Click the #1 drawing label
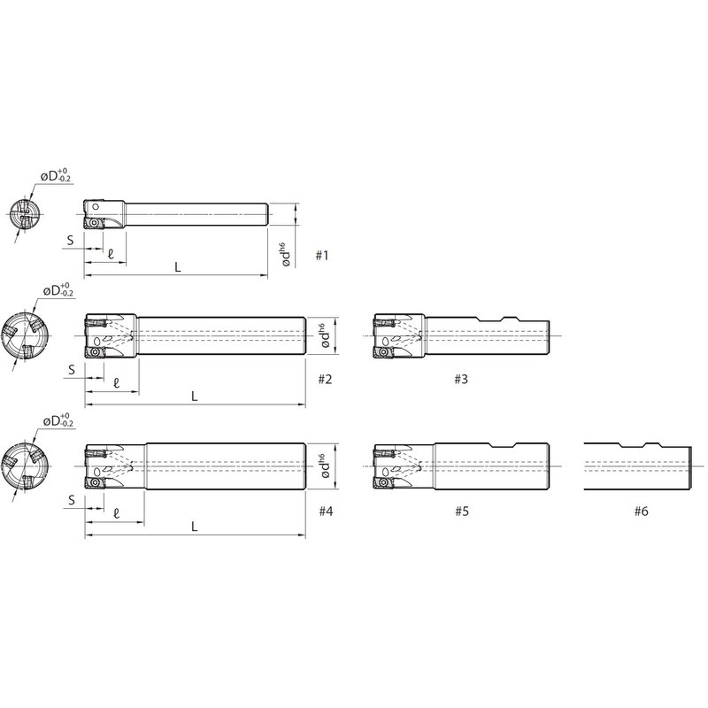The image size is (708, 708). [x=321, y=256]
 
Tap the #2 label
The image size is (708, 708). [x=325, y=380]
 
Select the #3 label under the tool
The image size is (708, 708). [x=461, y=380]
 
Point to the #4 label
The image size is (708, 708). [x=326, y=512]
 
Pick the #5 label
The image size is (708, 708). [x=462, y=512]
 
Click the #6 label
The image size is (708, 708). [x=641, y=512]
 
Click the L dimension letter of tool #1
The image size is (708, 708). [x=178, y=267]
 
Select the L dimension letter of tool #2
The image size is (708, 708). [x=194, y=396]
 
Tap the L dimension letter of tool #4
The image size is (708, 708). [x=194, y=527]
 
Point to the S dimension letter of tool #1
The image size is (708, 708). [x=70, y=240]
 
